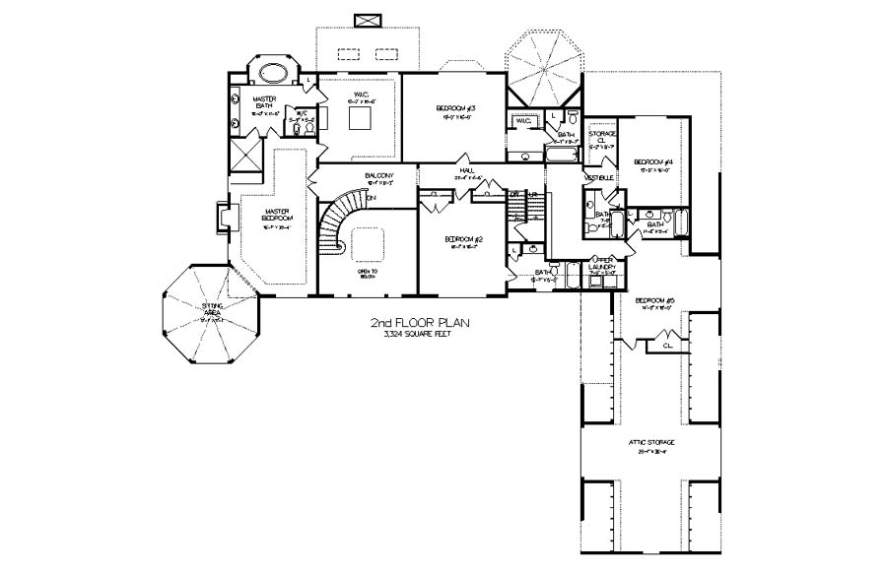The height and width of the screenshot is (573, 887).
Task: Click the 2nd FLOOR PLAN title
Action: point(418,322)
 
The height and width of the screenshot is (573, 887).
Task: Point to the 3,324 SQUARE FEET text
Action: point(418,335)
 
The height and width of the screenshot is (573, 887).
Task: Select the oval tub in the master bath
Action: point(272,74)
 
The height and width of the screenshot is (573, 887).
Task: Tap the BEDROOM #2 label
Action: point(462,240)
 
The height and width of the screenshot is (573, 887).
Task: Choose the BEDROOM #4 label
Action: point(651,162)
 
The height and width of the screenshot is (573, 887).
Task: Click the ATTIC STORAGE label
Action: point(650,444)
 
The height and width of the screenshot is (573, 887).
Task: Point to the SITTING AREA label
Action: point(211,312)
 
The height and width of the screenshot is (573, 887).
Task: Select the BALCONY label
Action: point(352,177)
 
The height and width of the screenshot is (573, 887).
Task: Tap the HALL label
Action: point(466,171)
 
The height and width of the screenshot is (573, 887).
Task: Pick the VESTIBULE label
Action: point(600,178)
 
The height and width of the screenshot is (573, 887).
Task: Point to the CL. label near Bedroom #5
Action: point(667,346)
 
